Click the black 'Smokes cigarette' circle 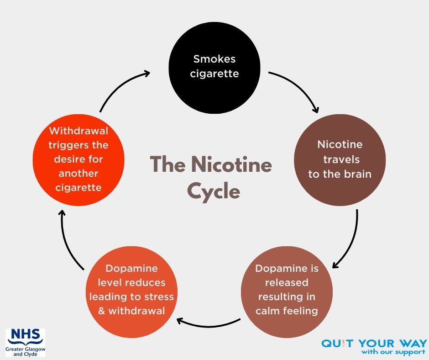[214, 66]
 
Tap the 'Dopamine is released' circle [287, 290]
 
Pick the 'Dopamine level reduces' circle [131, 290]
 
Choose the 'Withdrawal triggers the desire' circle [78, 159]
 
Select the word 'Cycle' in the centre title [213, 191]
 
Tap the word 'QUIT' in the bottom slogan [337, 343]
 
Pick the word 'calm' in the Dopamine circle [269, 311]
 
